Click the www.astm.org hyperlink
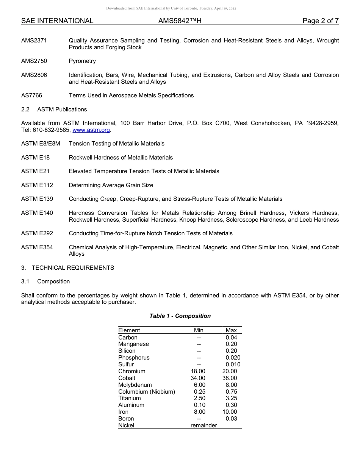[x=91, y=130]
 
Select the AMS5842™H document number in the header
[x=180, y=21]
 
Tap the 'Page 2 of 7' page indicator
[x=320, y=21]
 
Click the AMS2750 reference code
[x=34, y=61]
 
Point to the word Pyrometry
[x=82, y=61]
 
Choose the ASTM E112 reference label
[x=37, y=185]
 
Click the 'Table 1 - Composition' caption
[x=180, y=316]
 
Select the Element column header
[x=129, y=330]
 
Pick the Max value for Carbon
[x=231, y=337]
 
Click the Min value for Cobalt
[x=198, y=378]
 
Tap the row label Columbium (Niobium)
[x=147, y=391]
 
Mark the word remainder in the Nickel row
[x=203, y=425]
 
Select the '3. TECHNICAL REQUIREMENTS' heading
[x=67, y=268]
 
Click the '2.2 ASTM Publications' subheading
[x=54, y=109]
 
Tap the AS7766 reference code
[x=32, y=95]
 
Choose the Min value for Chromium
[x=198, y=371]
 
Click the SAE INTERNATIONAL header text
[x=57, y=21]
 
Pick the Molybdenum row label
[x=135, y=385]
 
